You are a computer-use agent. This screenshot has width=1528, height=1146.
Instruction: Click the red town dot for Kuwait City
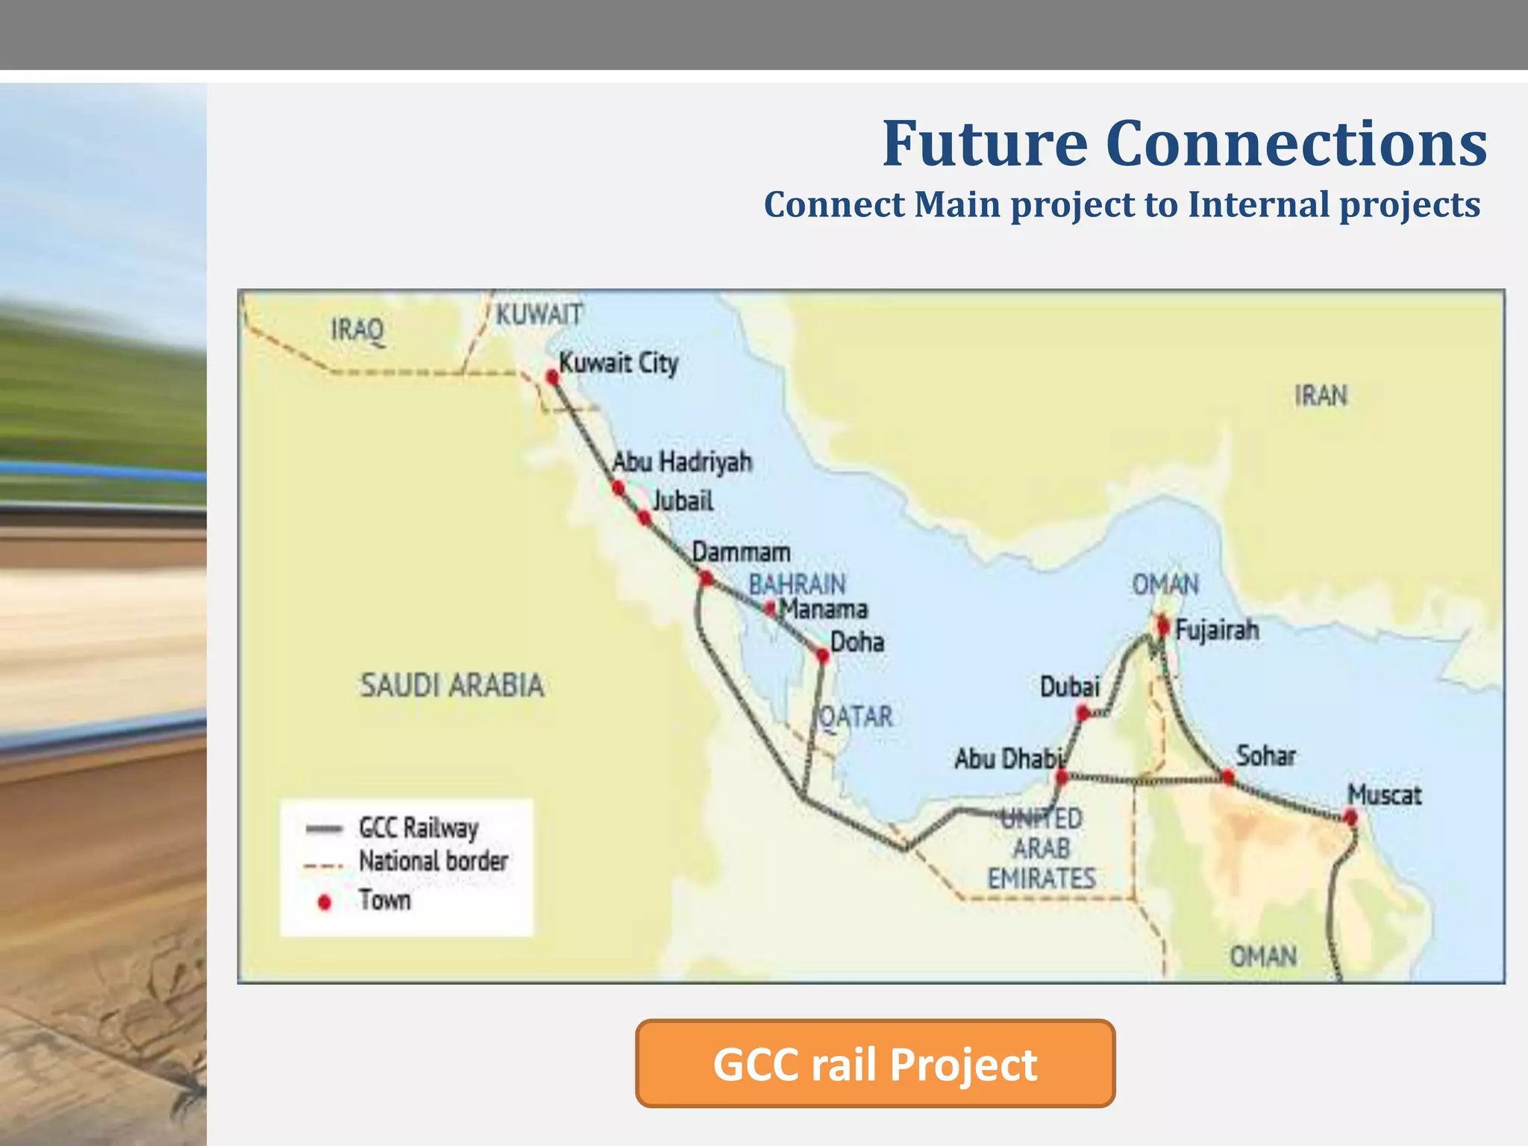coord(552,378)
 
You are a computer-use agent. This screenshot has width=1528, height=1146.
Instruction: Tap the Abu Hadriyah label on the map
coord(681,462)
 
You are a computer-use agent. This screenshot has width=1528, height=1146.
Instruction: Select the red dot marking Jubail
coord(645,517)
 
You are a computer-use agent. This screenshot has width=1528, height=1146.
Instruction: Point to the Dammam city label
coord(741,552)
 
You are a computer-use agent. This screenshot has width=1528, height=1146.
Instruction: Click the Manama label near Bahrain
coord(824,610)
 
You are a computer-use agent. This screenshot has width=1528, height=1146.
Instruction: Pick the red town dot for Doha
coord(822,656)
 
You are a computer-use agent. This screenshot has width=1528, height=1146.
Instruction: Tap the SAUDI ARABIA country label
coord(452,685)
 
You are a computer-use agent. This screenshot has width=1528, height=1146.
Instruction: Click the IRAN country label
coord(1321,395)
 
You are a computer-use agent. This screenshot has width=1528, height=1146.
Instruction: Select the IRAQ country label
coord(357,329)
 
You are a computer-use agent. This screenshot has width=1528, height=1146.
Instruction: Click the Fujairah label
coord(1217,630)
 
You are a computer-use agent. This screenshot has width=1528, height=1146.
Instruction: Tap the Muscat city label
coord(1384,795)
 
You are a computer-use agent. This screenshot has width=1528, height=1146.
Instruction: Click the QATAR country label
coord(856,717)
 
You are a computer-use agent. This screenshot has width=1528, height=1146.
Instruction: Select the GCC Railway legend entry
coord(418,827)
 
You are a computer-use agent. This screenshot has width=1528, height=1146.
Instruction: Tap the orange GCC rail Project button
coord(875,1063)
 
